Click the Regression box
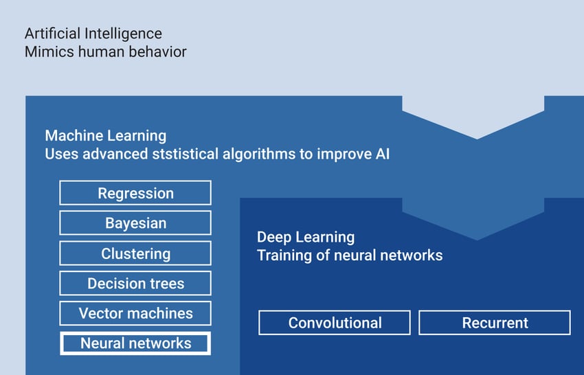(135, 193)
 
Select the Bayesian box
(135, 223)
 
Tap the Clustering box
(135, 253)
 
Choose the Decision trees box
(135, 283)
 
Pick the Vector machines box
(135, 313)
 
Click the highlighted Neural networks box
(135, 343)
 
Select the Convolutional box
(335, 322)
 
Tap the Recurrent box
(495, 322)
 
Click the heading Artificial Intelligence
(93, 33)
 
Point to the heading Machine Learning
(105, 135)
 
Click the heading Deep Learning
(306, 237)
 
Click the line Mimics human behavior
(105, 52)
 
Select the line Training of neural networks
(350, 255)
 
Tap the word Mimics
(45, 52)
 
